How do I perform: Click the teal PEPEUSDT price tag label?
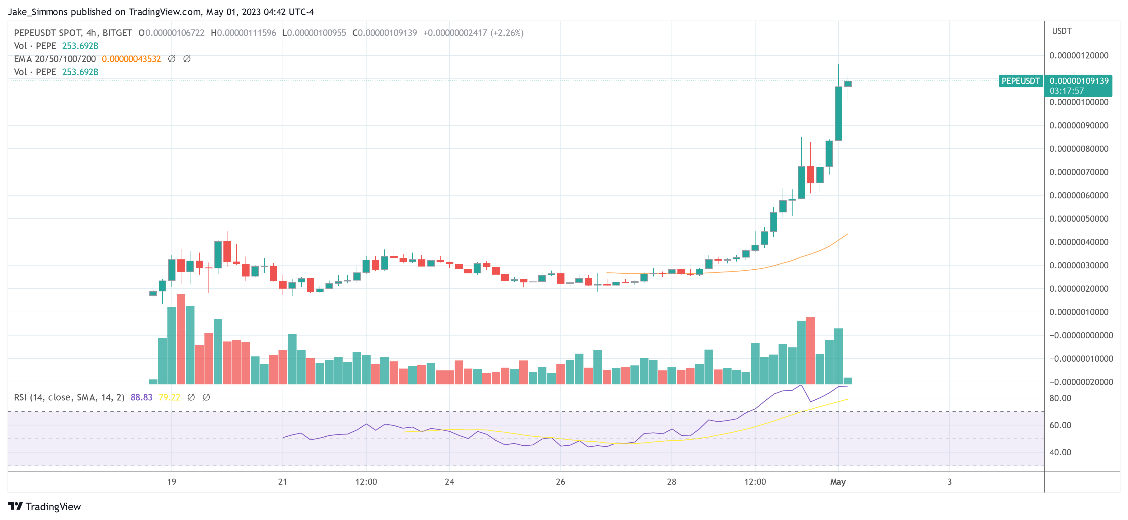click(x=1020, y=81)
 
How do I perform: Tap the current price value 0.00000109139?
click(x=1079, y=81)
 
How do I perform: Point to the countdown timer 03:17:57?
click(x=1067, y=91)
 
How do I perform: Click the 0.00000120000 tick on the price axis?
click(x=1079, y=56)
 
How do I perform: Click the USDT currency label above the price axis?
click(x=1062, y=31)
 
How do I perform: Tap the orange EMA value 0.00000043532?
click(x=131, y=59)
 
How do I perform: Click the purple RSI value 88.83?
click(x=142, y=397)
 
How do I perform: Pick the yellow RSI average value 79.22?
click(x=170, y=397)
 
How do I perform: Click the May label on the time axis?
click(x=838, y=482)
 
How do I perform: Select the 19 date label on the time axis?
click(x=172, y=482)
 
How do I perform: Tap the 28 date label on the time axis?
click(x=671, y=482)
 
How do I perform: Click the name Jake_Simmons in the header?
click(x=38, y=12)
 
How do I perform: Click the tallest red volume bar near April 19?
click(x=181, y=339)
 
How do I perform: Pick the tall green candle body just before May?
click(x=838, y=114)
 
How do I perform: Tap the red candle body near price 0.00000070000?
click(x=811, y=174)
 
